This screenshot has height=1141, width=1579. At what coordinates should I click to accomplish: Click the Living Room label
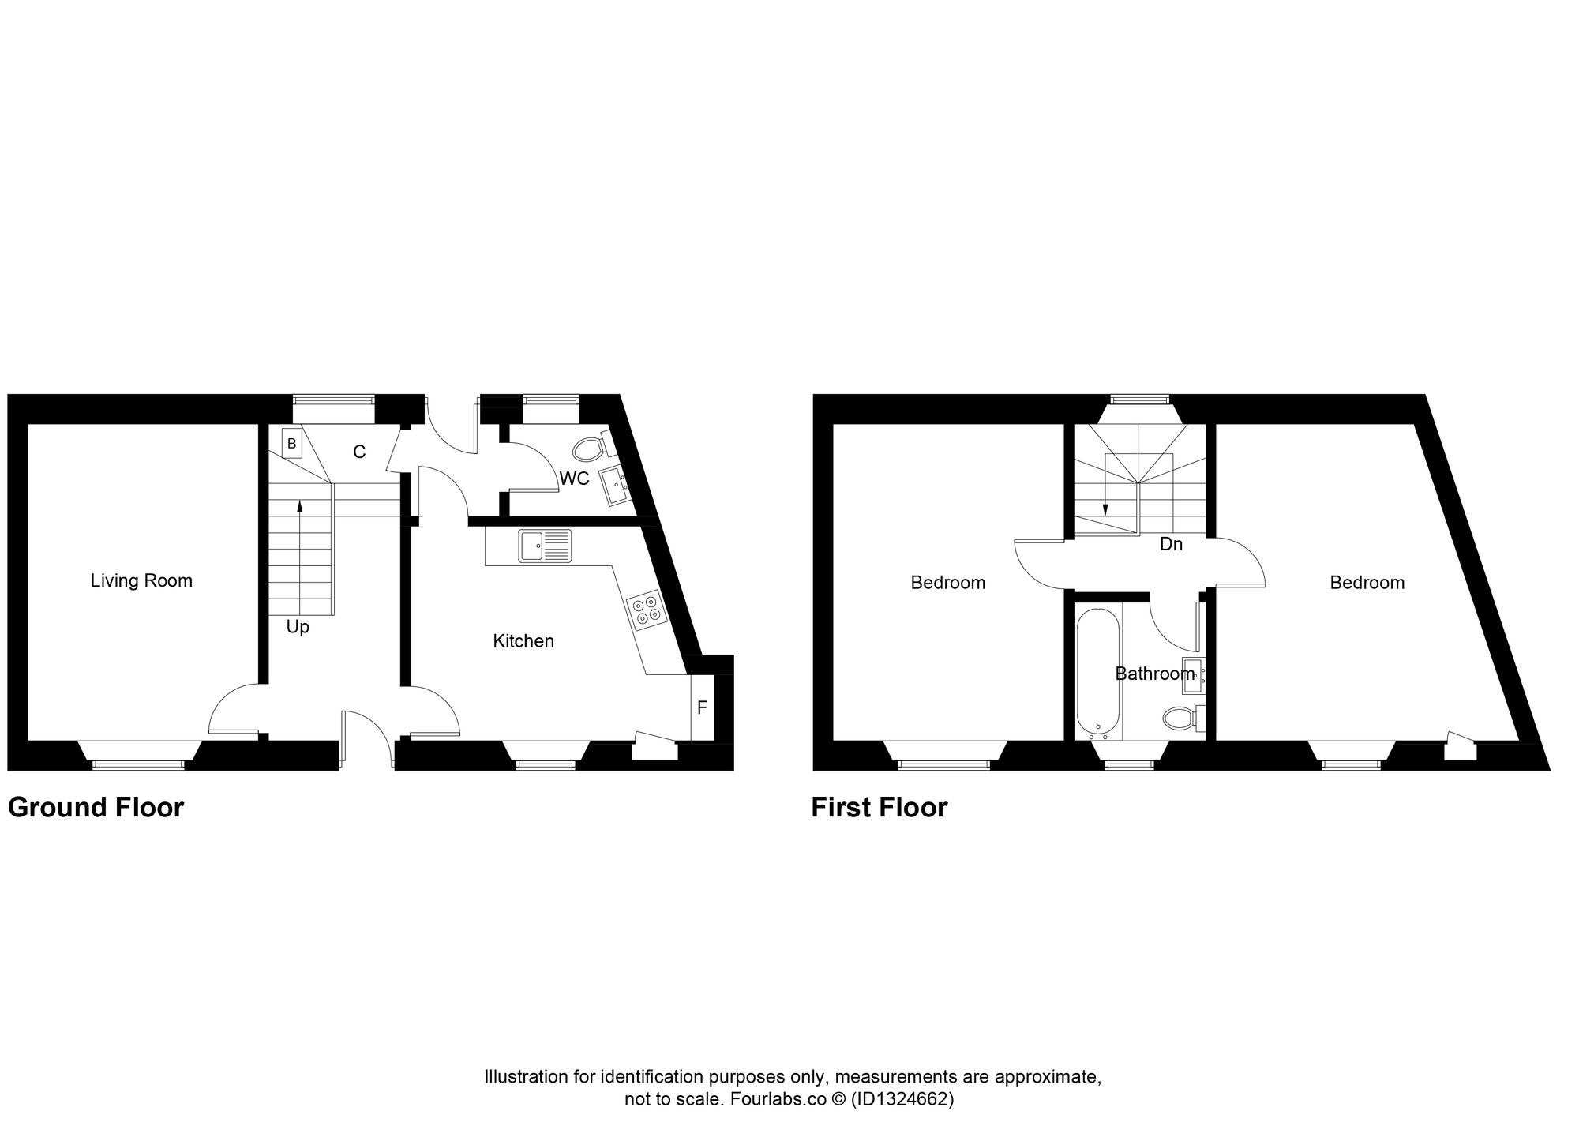click(x=141, y=581)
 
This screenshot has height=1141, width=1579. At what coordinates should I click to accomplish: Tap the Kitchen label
click(x=523, y=641)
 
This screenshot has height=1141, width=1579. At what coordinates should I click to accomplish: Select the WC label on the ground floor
click(x=574, y=479)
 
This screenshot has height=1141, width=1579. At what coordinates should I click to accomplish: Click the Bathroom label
click(x=1155, y=674)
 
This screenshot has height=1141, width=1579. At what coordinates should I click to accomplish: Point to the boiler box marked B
click(x=291, y=444)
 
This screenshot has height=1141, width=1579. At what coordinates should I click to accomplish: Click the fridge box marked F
click(x=702, y=708)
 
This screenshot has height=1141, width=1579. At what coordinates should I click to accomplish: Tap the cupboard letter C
click(x=359, y=452)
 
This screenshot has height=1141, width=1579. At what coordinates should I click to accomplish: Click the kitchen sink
click(x=545, y=546)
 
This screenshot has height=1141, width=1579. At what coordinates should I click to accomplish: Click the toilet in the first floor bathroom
click(x=1181, y=718)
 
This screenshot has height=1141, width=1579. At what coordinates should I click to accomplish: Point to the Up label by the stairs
click(x=298, y=628)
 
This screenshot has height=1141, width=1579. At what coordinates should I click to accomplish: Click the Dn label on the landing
click(x=1171, y=544)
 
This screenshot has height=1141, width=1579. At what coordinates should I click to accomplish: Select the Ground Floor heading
click(x=96, y=808)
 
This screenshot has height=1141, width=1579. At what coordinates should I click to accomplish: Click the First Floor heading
click(x=880, y=808)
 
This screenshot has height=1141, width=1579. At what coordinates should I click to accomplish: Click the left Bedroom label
click(x=948, y=583)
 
